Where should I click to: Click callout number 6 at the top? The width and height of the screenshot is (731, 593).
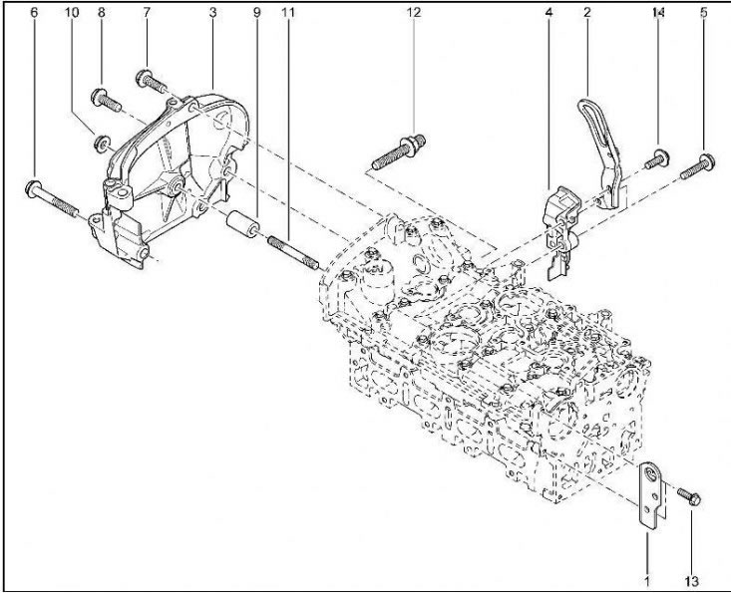(34, 13)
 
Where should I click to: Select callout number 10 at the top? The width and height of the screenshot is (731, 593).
(72, 13)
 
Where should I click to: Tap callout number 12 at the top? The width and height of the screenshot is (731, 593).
(413, 13)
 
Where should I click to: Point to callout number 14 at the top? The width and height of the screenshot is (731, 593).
(658, 13)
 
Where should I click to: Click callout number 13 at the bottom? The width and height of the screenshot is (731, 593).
(692, 581)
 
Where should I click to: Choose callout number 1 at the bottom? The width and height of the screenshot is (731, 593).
(646, 581)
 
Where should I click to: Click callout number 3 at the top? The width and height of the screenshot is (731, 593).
(212, 13)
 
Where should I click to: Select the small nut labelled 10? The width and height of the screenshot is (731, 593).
(102, 143)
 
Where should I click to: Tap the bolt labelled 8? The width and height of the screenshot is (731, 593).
(107, 100)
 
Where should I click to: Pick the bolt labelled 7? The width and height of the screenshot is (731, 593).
(152, 80)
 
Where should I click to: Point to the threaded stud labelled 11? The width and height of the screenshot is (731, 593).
(293, 252)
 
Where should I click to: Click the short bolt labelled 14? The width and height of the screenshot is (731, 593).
(658, 159)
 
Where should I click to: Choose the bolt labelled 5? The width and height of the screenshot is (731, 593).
(698, 166)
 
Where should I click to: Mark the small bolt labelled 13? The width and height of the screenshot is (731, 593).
(689, 496)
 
